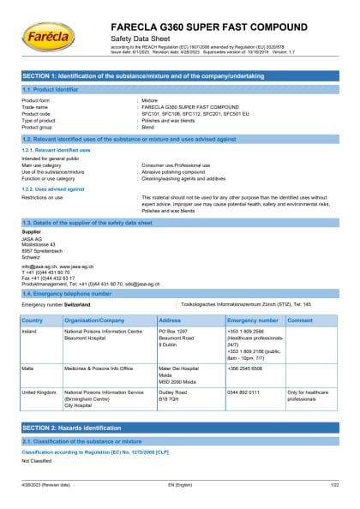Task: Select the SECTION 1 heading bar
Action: pyautogui.click(x=180, y=78)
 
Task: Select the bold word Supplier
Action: pyautogui.click(x=31, y=231)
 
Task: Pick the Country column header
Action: pyautogui.click(x=32, y=320)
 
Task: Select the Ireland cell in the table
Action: pyautogui.click(x=30, y=330)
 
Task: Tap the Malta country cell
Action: pyautogui.click(x=28, y=367)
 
